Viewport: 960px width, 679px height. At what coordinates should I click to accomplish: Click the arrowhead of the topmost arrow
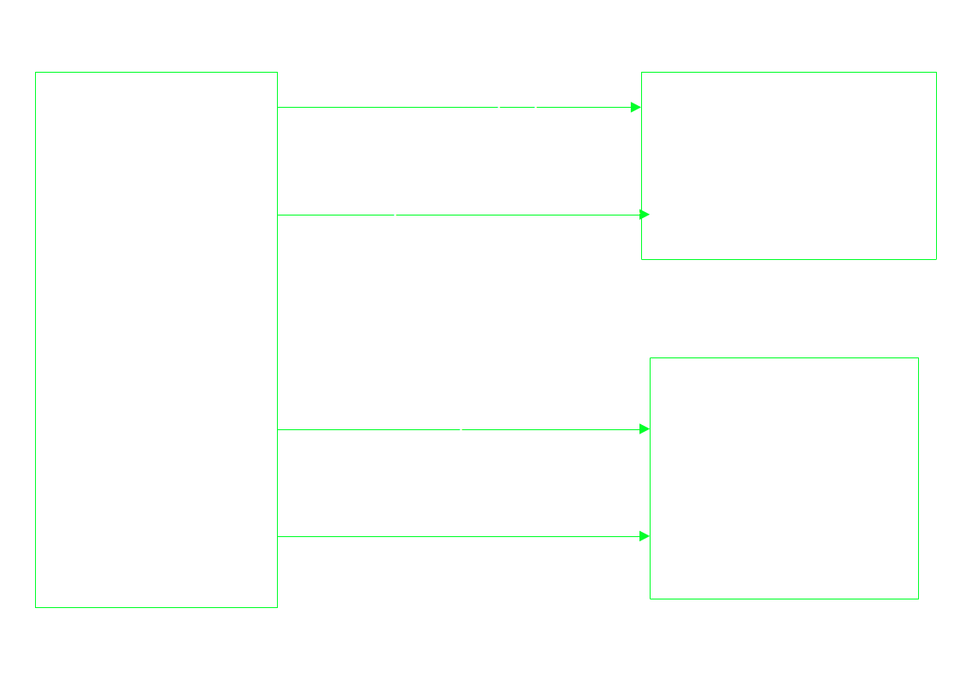pos(636,108)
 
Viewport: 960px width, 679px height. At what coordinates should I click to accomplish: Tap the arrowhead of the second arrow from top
pos(645,215)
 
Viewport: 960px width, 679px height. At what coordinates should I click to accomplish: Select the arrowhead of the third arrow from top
pos(645,429)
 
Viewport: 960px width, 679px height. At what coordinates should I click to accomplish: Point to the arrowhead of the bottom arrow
pos(645,537)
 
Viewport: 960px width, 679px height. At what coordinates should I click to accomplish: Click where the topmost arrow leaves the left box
pos(278,108)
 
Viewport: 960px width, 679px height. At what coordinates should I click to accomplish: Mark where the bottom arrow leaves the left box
pos(278,537)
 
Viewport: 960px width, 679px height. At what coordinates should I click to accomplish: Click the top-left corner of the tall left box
pos(35,72)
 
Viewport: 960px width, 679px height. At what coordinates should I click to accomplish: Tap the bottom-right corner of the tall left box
pos(278,607)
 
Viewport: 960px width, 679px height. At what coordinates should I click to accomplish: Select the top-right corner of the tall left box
pos(278,72)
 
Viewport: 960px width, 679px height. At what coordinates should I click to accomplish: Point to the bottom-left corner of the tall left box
pos(35,607)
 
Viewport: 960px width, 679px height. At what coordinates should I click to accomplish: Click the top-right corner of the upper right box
pos(936,72)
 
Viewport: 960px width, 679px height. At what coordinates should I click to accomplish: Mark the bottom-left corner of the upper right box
pos(641,259)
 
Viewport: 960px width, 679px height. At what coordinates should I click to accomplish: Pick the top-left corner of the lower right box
pos(650,357)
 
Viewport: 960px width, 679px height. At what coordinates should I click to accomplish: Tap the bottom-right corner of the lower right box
pos(918,599)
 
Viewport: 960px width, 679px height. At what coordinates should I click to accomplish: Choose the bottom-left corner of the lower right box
pos(650,599)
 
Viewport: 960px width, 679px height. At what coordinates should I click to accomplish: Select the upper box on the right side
pos(788,165)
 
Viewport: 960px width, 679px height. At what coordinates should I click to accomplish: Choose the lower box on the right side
pos(784,478)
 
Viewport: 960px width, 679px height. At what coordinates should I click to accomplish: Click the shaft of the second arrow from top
pos(513,216)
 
